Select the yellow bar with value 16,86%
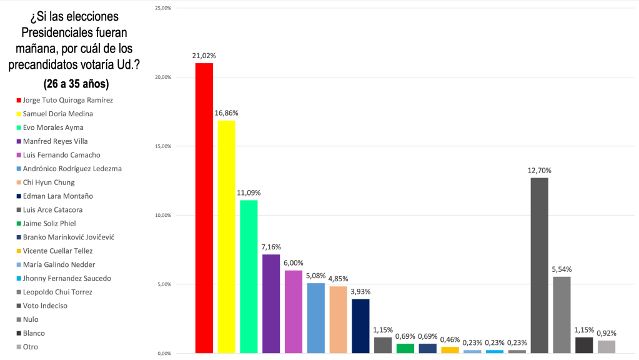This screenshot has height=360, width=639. (226, 237)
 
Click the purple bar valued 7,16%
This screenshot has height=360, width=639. (271, 304)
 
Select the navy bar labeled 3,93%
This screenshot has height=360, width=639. (360, 326)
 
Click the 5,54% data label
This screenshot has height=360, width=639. (562, 269)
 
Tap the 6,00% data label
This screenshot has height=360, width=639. (294, 263)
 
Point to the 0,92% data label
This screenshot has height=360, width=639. (607, 333)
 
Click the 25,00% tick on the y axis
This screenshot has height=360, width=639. (163, 8)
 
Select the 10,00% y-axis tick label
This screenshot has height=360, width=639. (163, 215)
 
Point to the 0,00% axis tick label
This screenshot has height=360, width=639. (164, 353)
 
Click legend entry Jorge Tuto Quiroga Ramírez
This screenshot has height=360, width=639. (67, 100)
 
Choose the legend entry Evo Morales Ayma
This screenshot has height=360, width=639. (53, 127)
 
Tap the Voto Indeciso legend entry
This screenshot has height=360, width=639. (45, 306)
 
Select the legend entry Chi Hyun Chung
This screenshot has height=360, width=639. (49, 182)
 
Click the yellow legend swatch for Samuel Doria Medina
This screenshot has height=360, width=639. (19, 114)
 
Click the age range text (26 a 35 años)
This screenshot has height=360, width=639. (76, 83)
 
